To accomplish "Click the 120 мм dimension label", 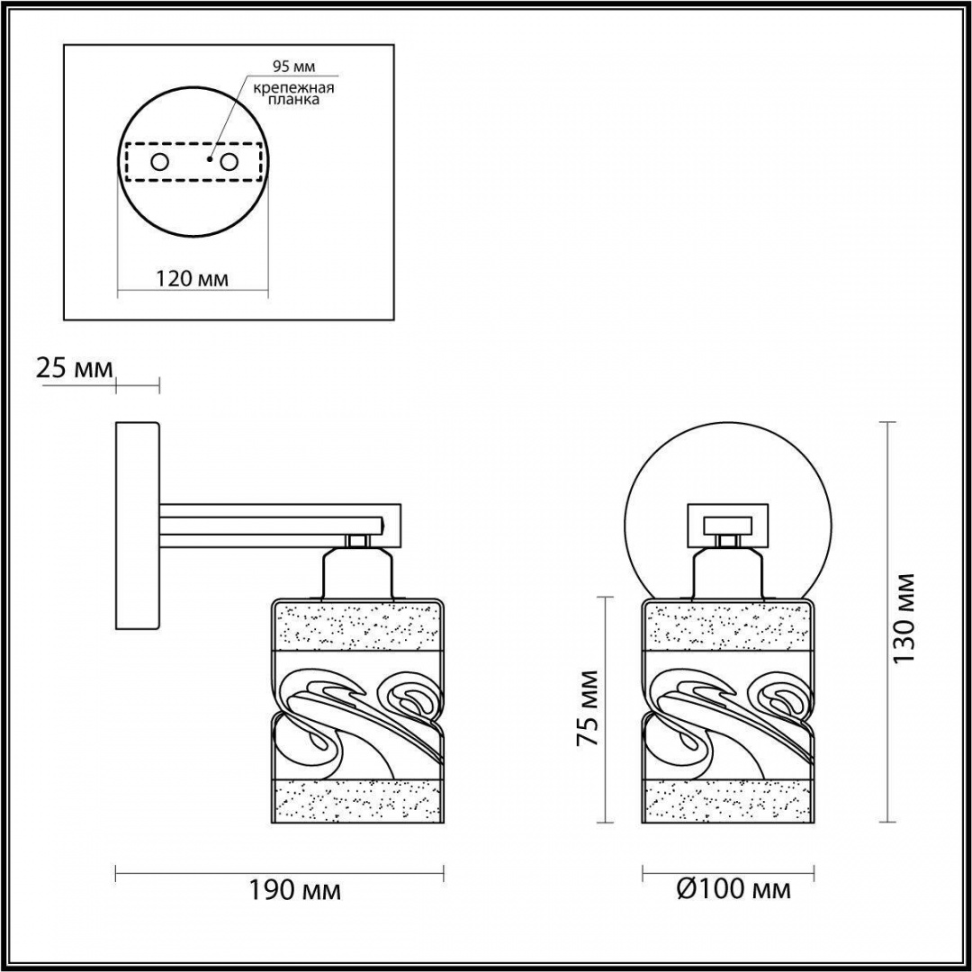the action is [192, 279].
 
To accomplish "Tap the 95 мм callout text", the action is [293, 66].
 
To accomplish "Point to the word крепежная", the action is [293, 87].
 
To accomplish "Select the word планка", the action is [293, 99].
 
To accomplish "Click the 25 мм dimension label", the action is [75, 369].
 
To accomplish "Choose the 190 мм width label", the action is [294, 891].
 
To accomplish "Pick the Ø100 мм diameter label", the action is [733, 889].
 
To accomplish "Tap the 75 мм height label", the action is [587, 708].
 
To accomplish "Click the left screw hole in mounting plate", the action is [159, 162].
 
